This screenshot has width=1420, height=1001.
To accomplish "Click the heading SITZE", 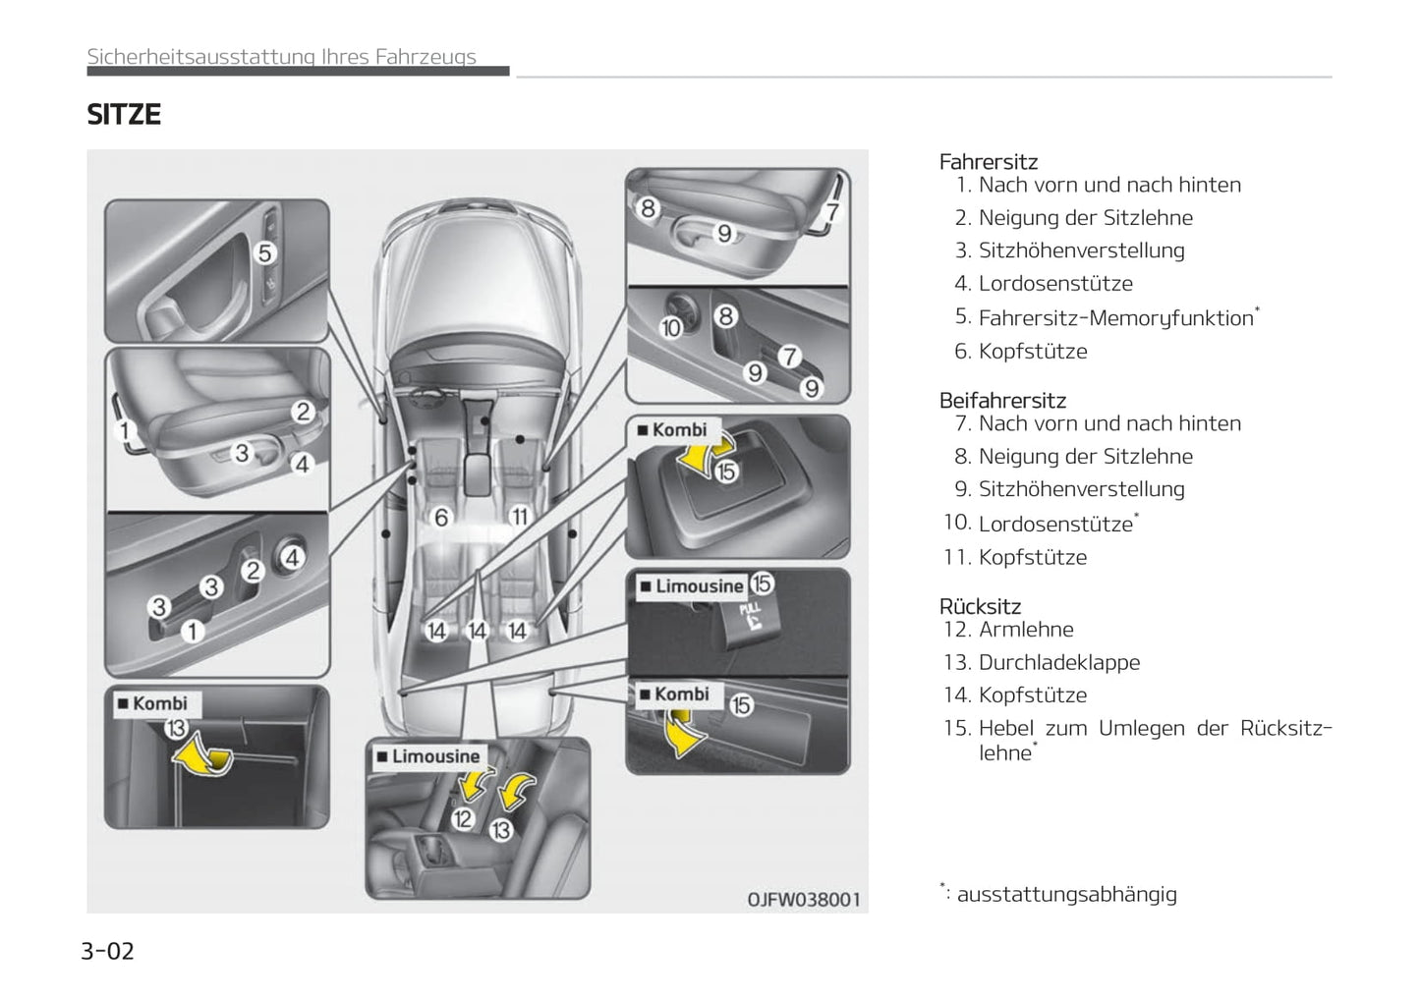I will click(124, 115).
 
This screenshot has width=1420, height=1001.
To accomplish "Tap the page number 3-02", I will click(107, 951).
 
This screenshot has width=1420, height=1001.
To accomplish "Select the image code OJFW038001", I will click(804, 899).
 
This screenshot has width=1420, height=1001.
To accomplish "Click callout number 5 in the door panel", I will click(264, 253).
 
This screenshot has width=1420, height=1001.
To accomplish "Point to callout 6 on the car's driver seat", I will click(441, 517).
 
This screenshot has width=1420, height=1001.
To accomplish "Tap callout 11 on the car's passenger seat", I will click(519, 517).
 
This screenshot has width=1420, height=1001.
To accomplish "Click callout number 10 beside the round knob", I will click(671, 327).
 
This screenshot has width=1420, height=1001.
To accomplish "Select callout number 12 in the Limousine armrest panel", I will click(463, 817).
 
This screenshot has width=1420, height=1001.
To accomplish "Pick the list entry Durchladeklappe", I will click(1059, 663).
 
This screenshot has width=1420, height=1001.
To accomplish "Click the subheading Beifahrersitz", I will click(1002, 401).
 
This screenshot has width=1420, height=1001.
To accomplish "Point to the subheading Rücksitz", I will click(980, 606).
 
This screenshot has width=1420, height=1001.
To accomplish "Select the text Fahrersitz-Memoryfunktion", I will click(1116, 318).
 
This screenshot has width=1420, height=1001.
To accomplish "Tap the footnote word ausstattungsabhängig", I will click(1067, 895).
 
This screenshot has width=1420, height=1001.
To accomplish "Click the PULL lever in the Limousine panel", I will click(748, 619).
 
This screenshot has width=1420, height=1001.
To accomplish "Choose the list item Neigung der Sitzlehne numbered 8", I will click(1086, 457).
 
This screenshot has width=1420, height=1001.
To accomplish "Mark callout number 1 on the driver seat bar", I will click(125, 429).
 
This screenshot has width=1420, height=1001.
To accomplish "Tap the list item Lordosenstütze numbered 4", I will click(1055, 284).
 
